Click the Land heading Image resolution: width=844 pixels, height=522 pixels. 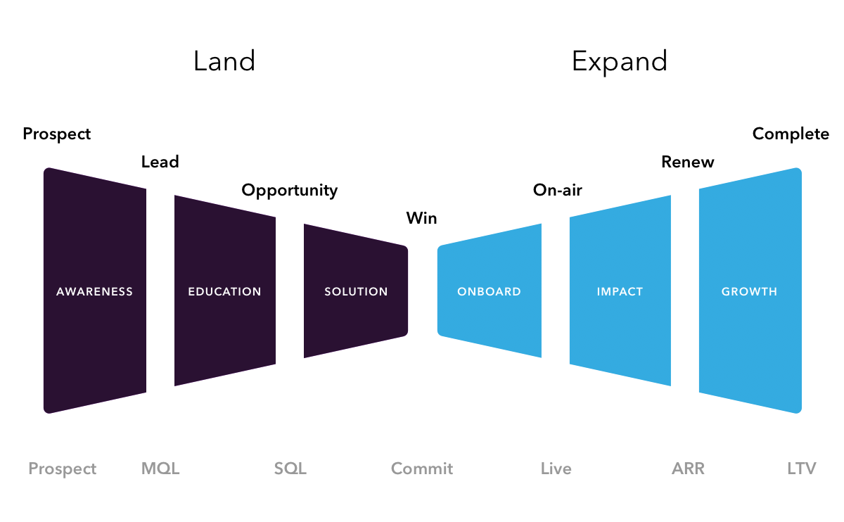224,61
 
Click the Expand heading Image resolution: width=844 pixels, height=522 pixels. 620,62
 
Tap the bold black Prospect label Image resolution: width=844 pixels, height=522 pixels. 57,134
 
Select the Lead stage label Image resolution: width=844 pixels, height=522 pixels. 160,162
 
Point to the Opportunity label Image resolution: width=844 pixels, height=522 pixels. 289,191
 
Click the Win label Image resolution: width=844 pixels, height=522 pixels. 421,218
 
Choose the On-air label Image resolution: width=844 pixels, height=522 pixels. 558,190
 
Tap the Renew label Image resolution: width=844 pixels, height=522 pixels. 688,162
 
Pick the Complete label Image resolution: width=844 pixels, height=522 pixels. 791,134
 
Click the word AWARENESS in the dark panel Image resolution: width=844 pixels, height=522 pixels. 94,291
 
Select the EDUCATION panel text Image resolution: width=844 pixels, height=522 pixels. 224,291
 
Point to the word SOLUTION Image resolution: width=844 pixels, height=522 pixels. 356,291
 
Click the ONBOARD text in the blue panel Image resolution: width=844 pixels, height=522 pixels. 489,291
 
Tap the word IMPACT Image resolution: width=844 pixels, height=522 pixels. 620,291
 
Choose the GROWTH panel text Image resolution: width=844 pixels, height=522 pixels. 750,291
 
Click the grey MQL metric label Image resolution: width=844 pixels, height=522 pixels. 160,469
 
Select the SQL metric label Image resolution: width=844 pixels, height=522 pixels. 290,469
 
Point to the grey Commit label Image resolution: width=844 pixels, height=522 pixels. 422,469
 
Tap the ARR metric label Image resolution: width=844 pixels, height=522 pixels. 688,469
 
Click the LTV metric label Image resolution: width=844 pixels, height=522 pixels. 802,469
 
